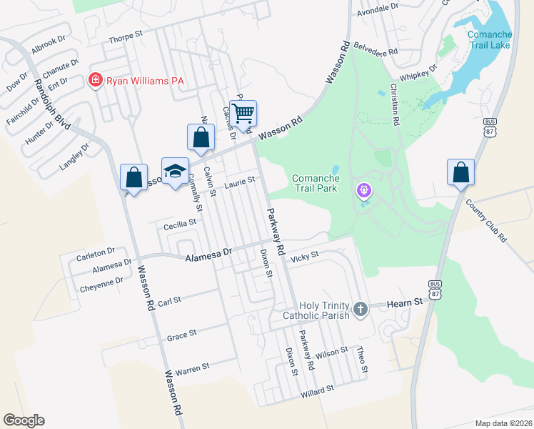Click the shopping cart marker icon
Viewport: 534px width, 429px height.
(243, 113)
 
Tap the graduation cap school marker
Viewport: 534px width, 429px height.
(175, 171)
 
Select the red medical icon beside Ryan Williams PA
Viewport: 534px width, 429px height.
(94, 80)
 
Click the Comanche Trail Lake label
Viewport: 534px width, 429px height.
(490, 39)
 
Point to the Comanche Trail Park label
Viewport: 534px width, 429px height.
(316, 184)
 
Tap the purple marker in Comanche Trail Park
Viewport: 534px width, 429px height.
(364, 191)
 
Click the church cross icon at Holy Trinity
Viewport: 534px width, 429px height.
(361, 310)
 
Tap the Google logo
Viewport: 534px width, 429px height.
(24, 420)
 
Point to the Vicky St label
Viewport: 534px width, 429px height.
(304, 255)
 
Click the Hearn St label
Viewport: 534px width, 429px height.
(405, 303)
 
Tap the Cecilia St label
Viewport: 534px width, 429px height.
(180, 224)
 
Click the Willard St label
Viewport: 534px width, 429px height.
(317, 390)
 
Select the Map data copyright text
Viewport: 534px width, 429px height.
(504, 423)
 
